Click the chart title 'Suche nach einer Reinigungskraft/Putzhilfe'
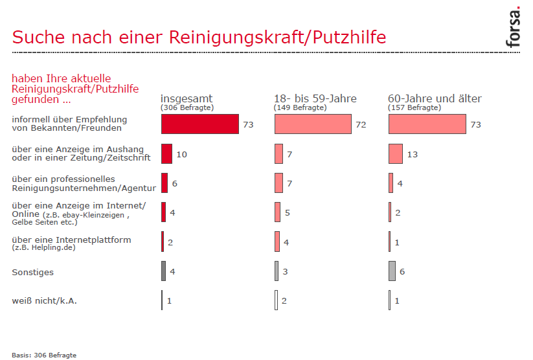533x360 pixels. tap(199, 37)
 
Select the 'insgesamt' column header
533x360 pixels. tap(187, 98)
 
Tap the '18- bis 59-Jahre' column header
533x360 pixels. tap(315, 98)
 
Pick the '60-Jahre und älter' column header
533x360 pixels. tap(435, 98)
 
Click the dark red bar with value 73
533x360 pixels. tap(200, 124)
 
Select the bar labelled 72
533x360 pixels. tap(313, 124)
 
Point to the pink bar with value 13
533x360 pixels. tap(396, 154)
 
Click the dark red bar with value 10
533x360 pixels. tap(166, 154)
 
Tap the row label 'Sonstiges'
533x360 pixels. tap(33, 273)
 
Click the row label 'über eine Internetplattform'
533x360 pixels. tap(71, 240)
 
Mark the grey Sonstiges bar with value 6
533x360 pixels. tap(392, 271)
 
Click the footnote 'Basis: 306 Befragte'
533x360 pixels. tap(44, 355)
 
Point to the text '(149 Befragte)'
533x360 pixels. tap(300, 107)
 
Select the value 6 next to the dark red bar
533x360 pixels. tap(175, 184)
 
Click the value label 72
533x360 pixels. tap(361, 125)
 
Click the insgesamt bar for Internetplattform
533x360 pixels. tap(163, 242)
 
